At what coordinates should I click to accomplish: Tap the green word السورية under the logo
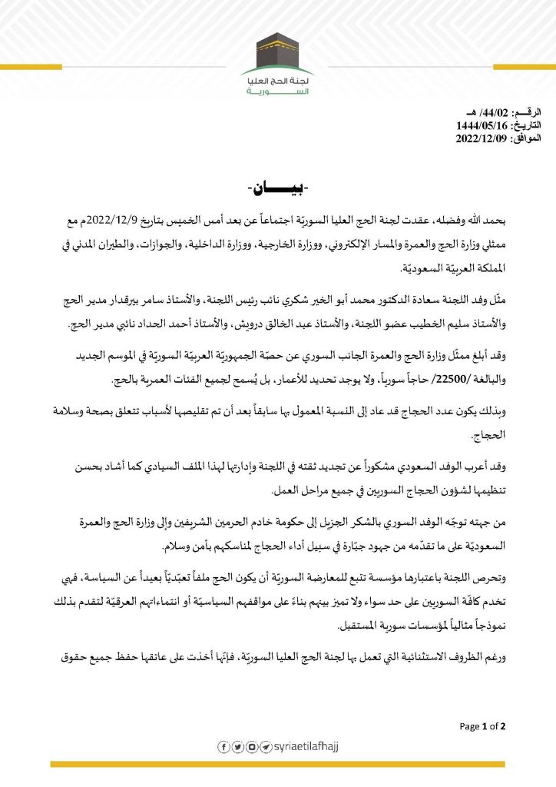coord(278,91)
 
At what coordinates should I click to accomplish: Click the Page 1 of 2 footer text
coord(482,726)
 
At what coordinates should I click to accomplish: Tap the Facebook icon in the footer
coord(223,746)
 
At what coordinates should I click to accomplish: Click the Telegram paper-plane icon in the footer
coord(264,746)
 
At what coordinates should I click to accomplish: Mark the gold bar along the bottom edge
coord(277,763)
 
